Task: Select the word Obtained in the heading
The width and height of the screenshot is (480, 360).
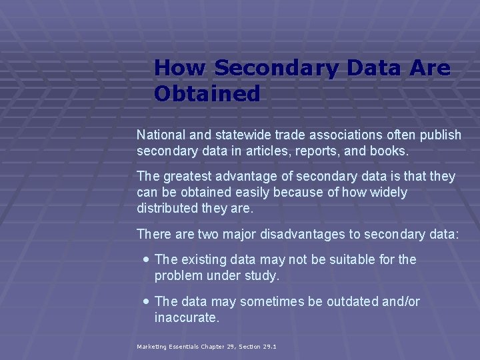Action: pos(207,94)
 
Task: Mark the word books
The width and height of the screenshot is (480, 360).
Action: pos(389,151)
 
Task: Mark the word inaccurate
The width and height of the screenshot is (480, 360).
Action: pos(186,318)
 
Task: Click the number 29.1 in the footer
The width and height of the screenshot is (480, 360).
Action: pos(269,347)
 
